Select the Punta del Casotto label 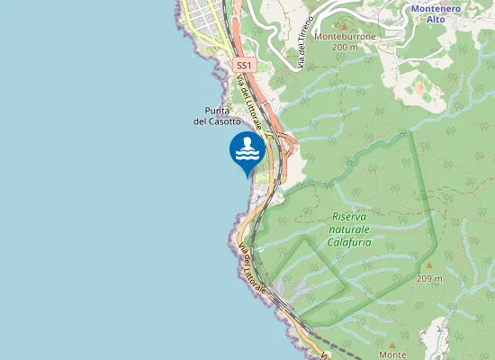tap(217, 115)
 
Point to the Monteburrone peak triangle tap(344, 26)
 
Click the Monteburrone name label tap(344, 37)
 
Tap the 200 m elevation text tap(344, 48)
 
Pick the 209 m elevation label tap(430, 278)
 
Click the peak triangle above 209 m tap(429, 265)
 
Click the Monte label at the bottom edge tap(392, 355)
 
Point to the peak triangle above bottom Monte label tap(392, 343)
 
